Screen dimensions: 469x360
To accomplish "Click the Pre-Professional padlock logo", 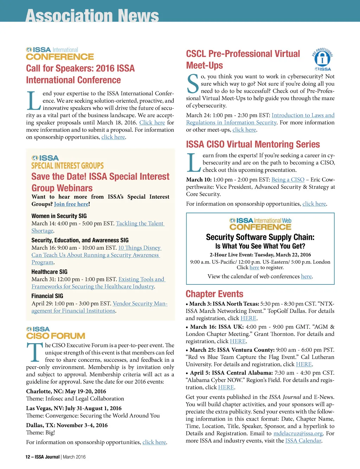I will point(322,59).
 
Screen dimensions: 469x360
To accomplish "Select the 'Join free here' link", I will point(71,204).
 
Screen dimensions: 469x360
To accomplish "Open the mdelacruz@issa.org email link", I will point(298,433).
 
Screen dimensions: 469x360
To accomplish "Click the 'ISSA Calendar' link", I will point(303,441).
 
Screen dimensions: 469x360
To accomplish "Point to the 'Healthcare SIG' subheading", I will point(49,272).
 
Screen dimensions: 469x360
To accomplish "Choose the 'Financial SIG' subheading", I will point(47,296).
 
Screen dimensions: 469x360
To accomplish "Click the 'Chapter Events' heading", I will point(214,294).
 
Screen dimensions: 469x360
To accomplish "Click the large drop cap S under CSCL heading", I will point(193,84).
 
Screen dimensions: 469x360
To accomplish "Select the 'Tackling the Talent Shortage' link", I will point(140,224).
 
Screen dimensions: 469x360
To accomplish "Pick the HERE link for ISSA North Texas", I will point(248,318).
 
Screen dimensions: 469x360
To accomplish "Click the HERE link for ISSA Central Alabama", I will point(226,387).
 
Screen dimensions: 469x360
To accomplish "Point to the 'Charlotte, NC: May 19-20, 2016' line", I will point(66,391).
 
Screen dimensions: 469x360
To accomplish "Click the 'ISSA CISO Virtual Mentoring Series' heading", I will point(253,144).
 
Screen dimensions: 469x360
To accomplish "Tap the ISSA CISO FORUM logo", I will point(56,333).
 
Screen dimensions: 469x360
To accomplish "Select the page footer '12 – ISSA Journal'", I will point(42,457).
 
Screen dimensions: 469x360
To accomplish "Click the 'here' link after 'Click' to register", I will point(254,268).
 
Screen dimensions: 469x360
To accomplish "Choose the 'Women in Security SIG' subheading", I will point(59,216).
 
